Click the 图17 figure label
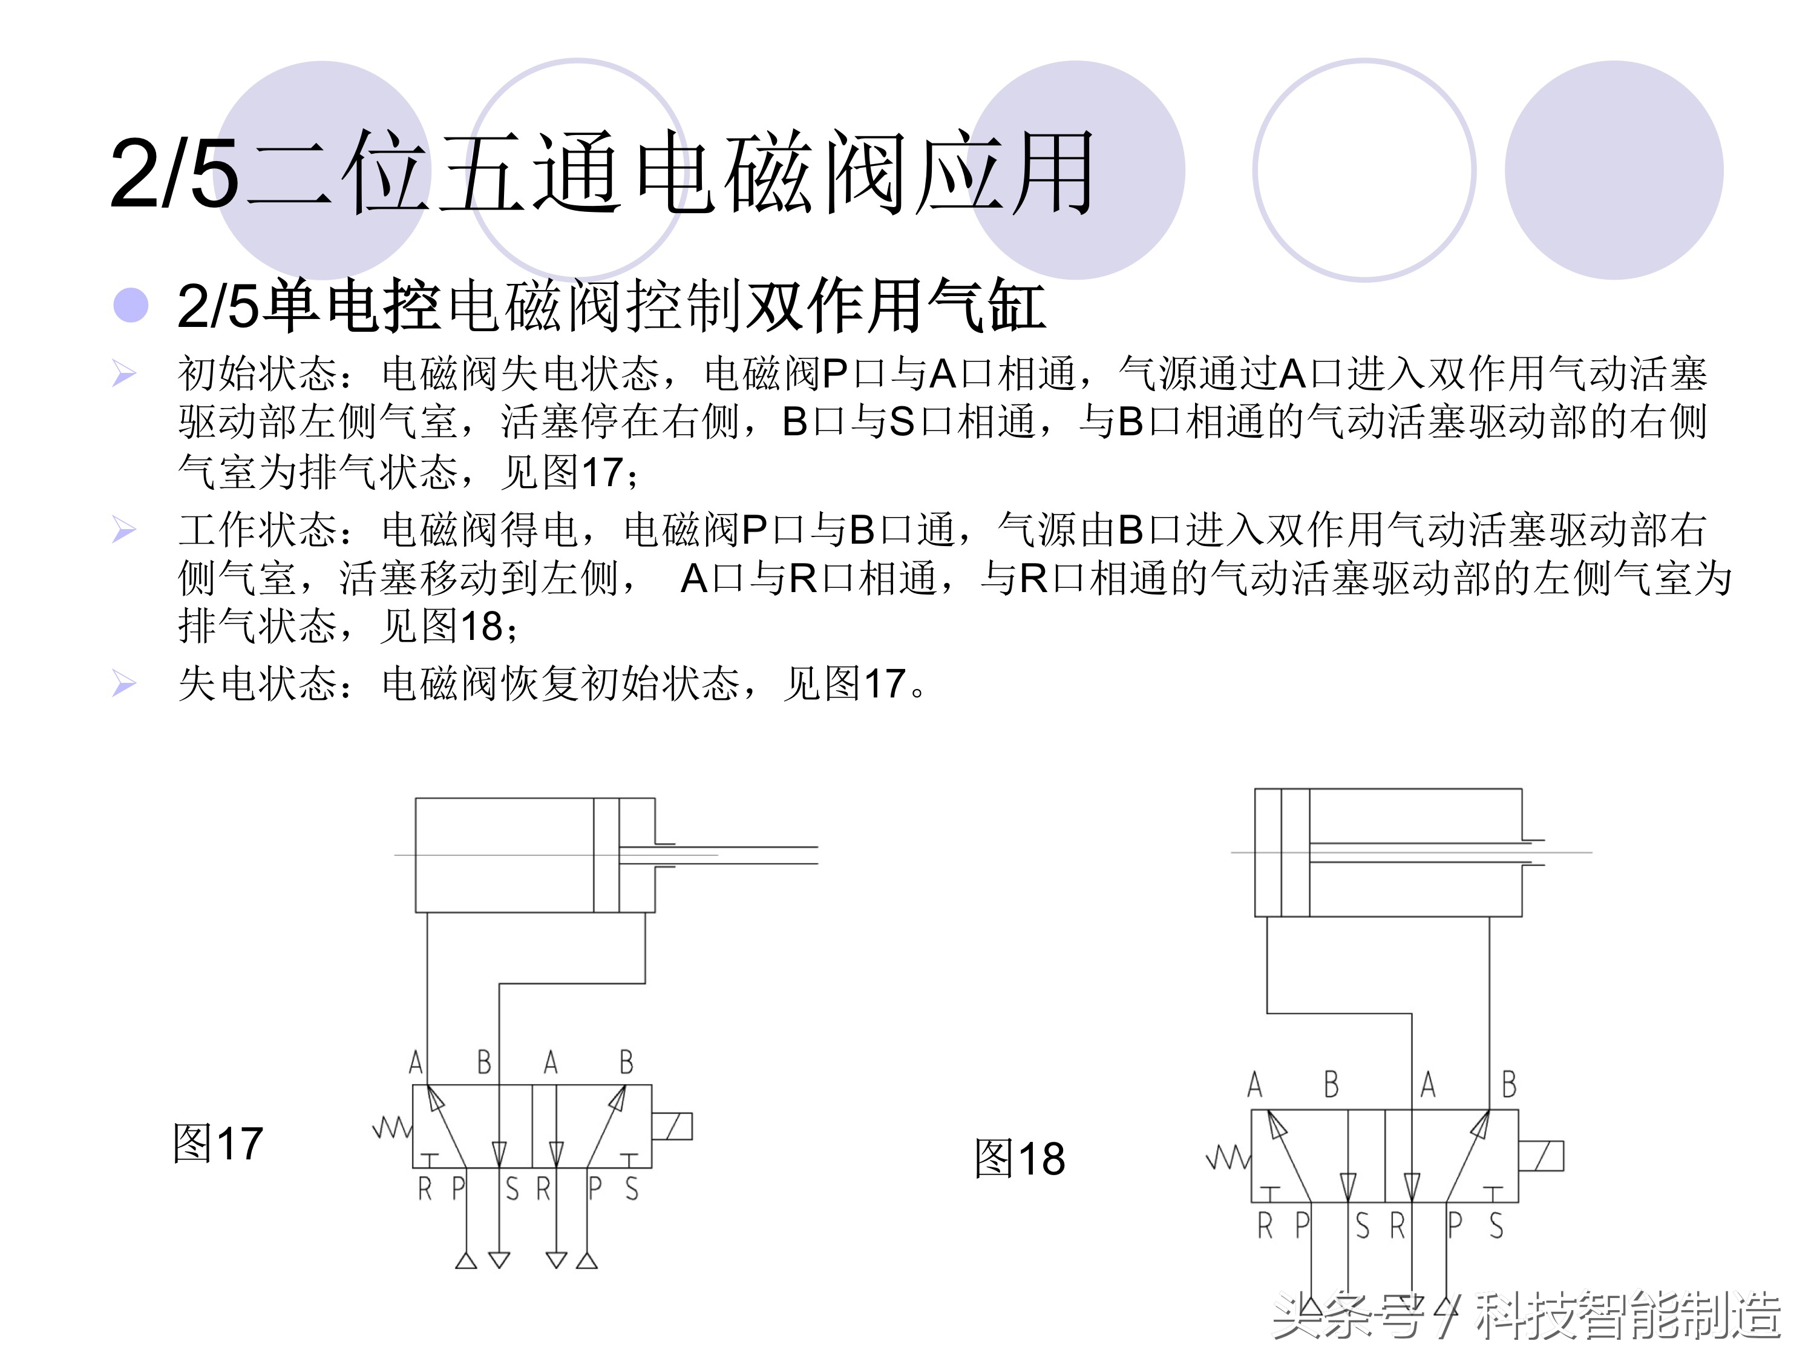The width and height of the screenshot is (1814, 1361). click(x=217, y=1144)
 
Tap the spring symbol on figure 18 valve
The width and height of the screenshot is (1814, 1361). click(x=1228, y=1158)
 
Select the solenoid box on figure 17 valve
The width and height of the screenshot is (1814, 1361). click(x=672, y=1126)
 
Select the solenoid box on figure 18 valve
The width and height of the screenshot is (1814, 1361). click(x=1541, y=1156)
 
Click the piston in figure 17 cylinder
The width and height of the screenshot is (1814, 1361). click(x=606, y=855)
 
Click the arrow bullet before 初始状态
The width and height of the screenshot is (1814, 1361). click(x=124, y=374)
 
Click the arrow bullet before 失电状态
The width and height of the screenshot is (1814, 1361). click(x=124, y=684)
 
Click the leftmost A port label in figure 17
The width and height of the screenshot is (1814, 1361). click(x=416, y=1063)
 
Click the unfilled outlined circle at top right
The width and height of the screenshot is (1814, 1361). click(x=1364, y=170)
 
